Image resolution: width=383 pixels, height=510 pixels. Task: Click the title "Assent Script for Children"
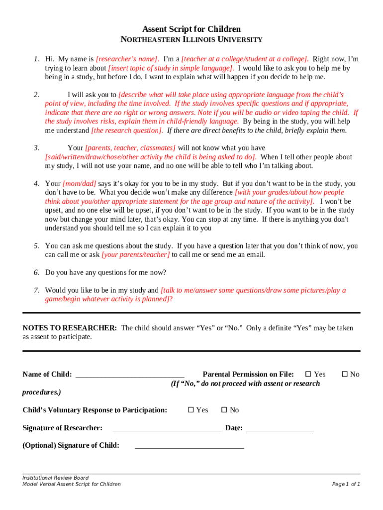pyautogui.click(x=191, y=29)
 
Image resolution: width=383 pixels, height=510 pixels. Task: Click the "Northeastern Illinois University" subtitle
pyautogui.click(x=191, y=40)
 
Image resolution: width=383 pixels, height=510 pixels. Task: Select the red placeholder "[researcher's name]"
pyautogui.click(x=127, y=59)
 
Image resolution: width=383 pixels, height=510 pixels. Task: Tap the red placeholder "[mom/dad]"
pyautogui.click(x=80, y=184)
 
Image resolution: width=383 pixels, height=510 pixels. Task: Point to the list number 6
pyautogui.click(x=36, y=272)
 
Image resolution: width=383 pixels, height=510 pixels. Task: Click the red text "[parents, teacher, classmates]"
pyautogui.click(x=130, y=148)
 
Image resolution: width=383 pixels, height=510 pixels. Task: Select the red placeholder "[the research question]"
pyautogui.click(x=127, y=130)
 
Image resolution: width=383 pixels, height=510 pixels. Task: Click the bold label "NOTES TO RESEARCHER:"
pyautogui.click(x=70, y=328)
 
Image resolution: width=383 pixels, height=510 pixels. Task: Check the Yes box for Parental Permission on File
pyautogui.click(x=308, y=375)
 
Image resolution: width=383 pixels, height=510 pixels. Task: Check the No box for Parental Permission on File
pyautogui.click(x=344, y=375)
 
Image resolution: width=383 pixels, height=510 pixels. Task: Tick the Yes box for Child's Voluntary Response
pyautogui.click(x=191, y=410)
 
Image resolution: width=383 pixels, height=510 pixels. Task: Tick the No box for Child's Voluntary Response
pyautogui.click(x=224, y=410)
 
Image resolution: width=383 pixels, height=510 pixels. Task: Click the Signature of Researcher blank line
pyautogui.click(x=167, y=428)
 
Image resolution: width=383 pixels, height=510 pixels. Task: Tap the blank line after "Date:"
pyautogui.click(x=280, y=428)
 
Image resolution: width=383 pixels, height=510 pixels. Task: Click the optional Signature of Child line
pyautogui.click(x=189, y=446)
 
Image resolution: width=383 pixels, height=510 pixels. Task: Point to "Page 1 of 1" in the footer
pyautogui.click(x=346, y=484)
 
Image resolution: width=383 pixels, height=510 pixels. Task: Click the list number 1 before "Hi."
pyautogui.click(x=36, y=59)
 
